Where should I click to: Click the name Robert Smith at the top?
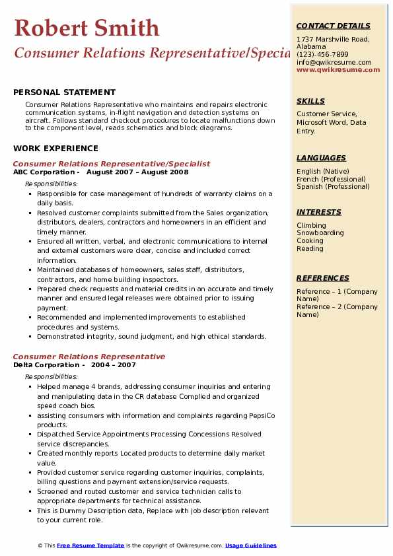87,28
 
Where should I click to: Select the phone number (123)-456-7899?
322,55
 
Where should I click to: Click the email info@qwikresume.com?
334,62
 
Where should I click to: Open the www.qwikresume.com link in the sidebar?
338,69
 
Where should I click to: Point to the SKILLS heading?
310,101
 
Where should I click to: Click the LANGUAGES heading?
321,158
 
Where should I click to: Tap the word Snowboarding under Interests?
320,233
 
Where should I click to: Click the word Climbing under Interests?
311,225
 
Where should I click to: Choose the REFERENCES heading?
323,278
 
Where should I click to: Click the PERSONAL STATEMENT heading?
64,92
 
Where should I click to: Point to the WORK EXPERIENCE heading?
55,149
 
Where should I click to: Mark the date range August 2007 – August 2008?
137,172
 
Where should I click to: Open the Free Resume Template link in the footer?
90,545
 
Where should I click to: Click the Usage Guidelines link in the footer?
251,545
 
